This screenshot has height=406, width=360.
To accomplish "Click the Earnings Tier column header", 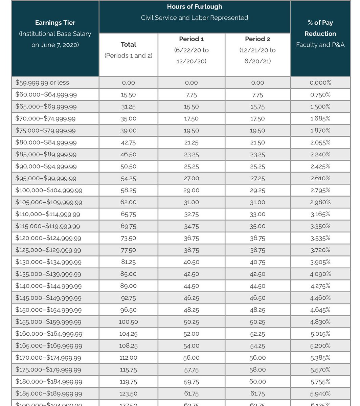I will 55,23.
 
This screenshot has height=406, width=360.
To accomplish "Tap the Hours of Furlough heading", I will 195,7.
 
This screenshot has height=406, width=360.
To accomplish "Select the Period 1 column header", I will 191,39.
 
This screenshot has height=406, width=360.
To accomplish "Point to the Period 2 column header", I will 257,39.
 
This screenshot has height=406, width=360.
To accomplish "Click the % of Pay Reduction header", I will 320,28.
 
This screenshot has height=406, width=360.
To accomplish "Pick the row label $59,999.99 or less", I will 42,83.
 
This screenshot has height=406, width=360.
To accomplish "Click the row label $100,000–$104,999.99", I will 49,190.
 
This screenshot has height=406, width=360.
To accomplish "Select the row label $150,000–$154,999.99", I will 49,310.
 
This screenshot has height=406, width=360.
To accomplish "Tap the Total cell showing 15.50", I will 128,95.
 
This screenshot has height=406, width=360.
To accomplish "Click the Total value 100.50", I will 128,322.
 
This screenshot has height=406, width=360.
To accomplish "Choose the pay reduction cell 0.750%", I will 320,95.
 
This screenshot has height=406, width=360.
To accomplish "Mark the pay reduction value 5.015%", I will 320,334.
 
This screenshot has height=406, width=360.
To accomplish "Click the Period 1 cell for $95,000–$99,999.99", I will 191,178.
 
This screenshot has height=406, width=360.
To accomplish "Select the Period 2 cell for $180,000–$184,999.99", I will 257,382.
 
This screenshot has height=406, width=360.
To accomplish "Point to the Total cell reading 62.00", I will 128,202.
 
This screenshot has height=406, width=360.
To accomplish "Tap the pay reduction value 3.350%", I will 320,226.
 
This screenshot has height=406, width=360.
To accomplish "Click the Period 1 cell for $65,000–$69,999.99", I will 191,107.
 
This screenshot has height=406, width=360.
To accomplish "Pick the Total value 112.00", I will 128,358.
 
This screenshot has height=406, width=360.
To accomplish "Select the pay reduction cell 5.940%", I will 320,393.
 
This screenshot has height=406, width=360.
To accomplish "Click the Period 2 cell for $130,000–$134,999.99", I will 257,262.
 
